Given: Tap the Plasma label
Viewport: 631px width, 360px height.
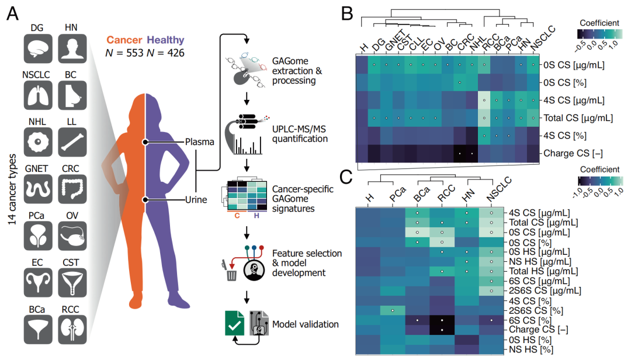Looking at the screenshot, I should click(x=200, y=142).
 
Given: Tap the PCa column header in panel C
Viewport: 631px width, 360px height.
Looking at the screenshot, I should click(x=393, y=197).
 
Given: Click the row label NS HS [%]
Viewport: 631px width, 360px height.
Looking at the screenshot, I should click(x=528, y=349).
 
